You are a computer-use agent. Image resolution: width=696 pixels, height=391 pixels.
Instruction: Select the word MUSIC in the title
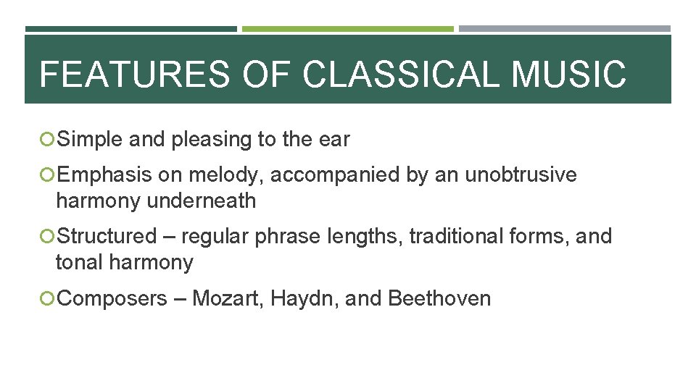pyautogui.click(x=568, y=74)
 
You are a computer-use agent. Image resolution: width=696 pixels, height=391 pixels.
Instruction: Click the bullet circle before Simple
pyautogui.click(x=48, y=139)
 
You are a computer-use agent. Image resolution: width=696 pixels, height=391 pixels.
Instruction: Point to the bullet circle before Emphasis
pyautogui.click(x=48, y=175)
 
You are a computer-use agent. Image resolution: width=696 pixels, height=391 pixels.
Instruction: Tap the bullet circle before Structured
pyautogui.click(x=48, y=236)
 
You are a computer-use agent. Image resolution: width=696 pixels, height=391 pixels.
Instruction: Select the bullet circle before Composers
pyautogui.click(x=48, y=298)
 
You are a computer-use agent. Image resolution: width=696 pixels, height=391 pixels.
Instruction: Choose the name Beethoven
pyautogui.click(x=439, y=298)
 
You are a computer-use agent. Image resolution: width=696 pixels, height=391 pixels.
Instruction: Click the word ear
pyautogui.click(x=335, y=139)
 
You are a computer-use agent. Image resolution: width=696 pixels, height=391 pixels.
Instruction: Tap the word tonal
pyautogui.click(x=79, y=262)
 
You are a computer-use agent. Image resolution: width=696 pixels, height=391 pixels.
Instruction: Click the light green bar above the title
pyautogui.click(x=347, y=29)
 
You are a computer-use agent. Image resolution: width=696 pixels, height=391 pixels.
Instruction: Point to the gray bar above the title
pyautogui.click(x=564, y=29)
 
